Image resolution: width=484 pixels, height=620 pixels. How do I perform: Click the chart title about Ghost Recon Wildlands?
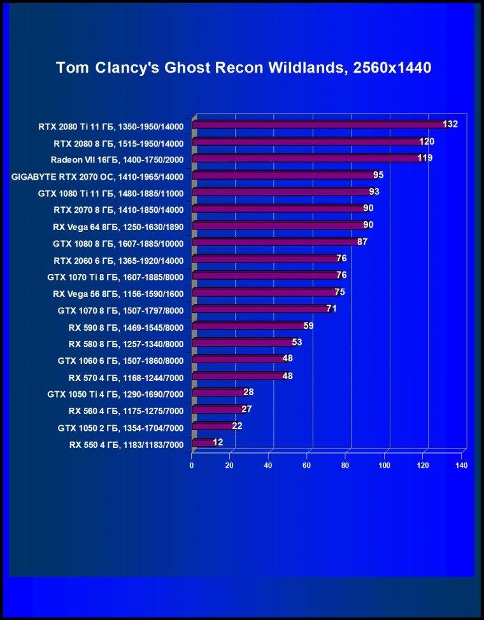coord(243,68)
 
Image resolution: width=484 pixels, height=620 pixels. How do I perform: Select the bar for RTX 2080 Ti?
coord(320,124)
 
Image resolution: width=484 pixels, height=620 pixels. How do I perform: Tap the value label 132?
coord(450,124)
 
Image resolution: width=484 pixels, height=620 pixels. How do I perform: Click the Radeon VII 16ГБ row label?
coord(117,160)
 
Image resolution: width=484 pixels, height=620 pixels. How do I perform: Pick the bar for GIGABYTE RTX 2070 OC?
coord(285,175)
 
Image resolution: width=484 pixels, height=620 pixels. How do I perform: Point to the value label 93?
coord(374,192)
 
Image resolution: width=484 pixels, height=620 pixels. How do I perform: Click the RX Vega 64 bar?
coord(280,226)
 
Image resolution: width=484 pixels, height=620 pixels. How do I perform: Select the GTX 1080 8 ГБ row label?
coord(118,243)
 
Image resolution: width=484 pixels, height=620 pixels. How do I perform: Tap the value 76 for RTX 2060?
coord(341,258)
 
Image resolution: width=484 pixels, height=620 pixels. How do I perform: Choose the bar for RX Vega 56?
coord(266,292)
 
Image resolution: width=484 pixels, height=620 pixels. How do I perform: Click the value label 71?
coord(332,308)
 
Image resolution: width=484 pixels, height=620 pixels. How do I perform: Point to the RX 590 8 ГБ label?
coord(126,328)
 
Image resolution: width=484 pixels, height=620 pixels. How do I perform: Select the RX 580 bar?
coord(244,342)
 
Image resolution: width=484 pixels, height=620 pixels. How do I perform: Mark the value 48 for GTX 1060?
coord(288,358)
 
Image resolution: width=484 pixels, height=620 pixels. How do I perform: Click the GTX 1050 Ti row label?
coord(115,394)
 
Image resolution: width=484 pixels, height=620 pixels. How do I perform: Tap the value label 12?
coord(218,442)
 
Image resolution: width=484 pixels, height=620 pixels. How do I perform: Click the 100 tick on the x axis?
coord(385,465)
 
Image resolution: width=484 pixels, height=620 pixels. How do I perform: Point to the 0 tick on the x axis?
coord(192,465)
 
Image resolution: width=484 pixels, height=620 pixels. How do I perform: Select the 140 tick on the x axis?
coord(462,465)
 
